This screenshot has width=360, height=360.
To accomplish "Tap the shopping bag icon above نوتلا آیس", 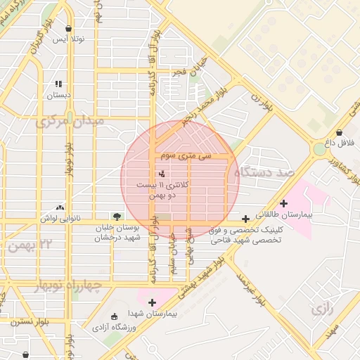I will (x=68, y=29).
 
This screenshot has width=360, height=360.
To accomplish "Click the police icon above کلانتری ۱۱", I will (x=162, y=172).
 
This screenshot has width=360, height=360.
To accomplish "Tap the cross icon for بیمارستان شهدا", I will (x=152, y=302).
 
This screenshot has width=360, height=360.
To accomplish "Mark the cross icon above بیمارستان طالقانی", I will (x=283, y=203).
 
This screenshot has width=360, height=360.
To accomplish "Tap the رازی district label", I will (x=321, y=308).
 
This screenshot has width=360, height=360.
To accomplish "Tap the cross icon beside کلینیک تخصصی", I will (x=245, y=219).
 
